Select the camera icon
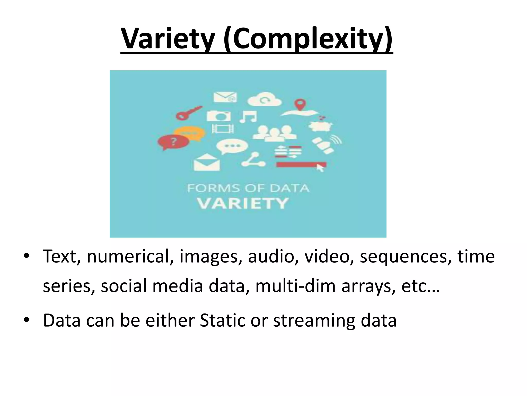(x=219, y=116)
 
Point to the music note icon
(x=248, y=117)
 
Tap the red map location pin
(x=299, y=104)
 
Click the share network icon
(x=253, y=160)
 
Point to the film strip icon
(x=223, y=128)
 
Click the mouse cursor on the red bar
(x=320, y=168)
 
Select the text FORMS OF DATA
(x=248, y=188)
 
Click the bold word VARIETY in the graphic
(x=243, y=203)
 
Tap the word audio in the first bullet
(x=273, y=257)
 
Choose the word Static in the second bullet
(x=222, y=320)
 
